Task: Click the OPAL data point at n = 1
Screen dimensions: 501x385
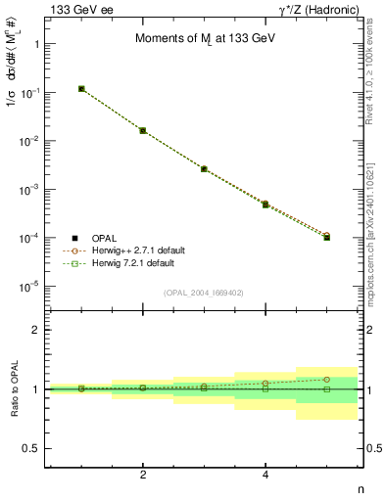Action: coord(81,88)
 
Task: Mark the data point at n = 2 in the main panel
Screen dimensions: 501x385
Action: coord(143,130)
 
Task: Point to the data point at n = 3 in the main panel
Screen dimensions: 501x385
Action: coord(204,168)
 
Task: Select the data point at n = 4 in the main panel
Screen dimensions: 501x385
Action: coord(265,205)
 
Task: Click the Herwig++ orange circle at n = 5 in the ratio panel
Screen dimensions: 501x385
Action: coord(327,379)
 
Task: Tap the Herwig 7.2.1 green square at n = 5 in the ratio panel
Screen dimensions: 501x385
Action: coord(327,388)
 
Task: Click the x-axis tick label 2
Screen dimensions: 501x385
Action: coord(143,476)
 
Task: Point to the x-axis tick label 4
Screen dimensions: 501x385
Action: coord(265,476)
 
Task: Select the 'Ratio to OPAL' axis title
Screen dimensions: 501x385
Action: coord(15,390)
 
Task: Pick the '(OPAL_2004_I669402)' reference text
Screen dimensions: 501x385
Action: coord(204,293)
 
